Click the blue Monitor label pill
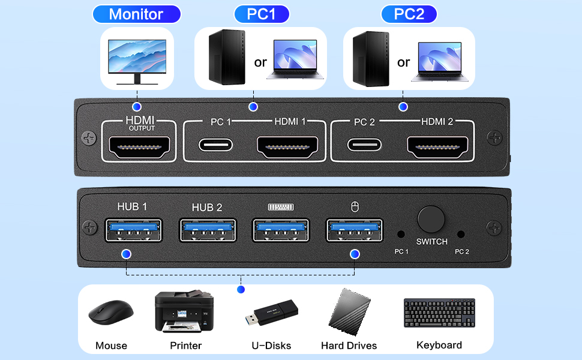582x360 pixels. pos(136,14)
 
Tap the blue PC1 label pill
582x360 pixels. pos(261,14)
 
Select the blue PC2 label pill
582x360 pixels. pos(409,14)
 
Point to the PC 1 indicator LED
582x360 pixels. pos(401,235)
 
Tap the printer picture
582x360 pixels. pos(185,311)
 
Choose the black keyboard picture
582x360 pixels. pos(439,313)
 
